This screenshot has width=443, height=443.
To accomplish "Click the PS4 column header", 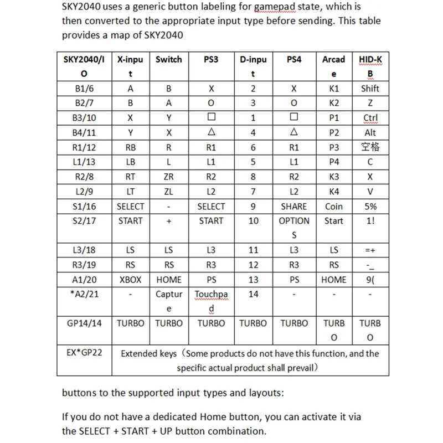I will tap(294, 59).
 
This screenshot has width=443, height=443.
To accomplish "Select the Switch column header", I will tap(169, 59).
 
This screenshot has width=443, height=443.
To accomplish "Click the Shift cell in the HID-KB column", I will tap(370, 89).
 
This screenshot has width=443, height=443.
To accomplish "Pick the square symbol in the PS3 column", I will tap(211, 118).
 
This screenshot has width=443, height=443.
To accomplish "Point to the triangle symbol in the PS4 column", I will tap(294, 132).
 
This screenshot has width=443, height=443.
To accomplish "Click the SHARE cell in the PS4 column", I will tap(294, 207).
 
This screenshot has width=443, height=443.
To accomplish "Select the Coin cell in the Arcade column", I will tap(333, 207).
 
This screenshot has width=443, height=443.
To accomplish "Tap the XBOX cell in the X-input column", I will tap(130, 280).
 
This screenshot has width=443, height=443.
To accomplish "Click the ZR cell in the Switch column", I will tap(169, 177).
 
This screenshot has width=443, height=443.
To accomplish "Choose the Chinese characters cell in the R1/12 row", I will tap(370, 147).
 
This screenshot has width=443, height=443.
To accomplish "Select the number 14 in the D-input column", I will tap(253, 294).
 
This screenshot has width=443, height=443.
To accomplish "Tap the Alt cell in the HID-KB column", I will tap(370, 132).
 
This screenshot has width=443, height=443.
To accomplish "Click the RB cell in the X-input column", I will tap(130, 147).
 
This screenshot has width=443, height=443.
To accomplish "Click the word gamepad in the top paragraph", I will tap(282, 7).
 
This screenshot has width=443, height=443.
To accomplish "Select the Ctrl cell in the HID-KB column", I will tap(370, 118).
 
